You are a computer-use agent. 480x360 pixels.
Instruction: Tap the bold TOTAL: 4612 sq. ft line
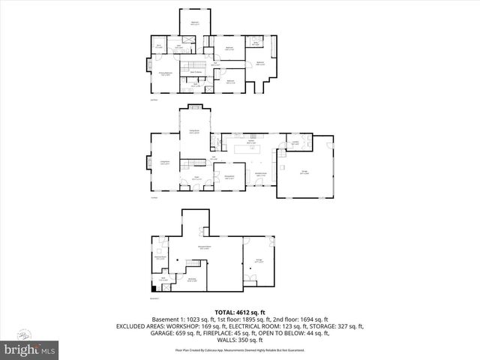(239, 311)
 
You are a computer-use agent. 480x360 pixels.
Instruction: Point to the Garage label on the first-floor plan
(304, 172)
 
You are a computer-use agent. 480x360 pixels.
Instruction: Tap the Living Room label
(164, 162)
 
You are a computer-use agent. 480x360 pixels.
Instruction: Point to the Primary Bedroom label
(166, 73)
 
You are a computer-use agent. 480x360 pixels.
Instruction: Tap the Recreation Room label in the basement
(203, 247)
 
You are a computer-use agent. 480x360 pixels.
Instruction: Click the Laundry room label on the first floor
(295, 143)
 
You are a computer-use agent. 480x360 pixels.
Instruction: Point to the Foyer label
(196, 178)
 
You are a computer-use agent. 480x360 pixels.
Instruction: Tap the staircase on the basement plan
(194, 266)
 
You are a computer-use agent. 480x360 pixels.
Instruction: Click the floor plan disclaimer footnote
(239, 349)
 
